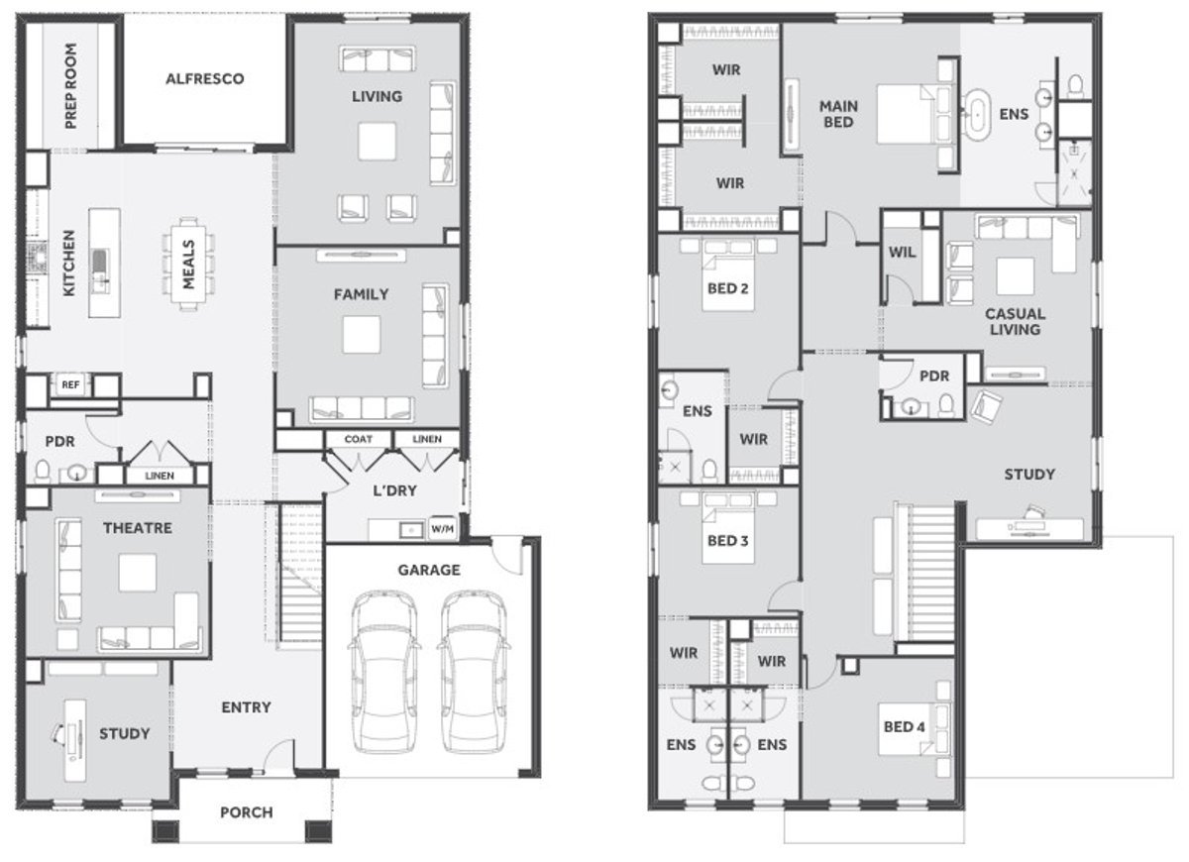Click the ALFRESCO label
click(x=205, y=79)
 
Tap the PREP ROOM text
click(x=70, y=86)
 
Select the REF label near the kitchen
click(x=70, y=384)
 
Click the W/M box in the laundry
click(x=443, y=529)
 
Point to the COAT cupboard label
click(x=359, y=439)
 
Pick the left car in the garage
click(x=384, y=672)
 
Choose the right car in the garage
click(x=474, y=672)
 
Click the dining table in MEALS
click(x=189, y=265)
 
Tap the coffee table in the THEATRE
click(x=138, y=573)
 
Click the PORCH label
click(x=247, y=812)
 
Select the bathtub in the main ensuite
click(x=977, y=114)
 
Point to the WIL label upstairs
click(x=903, y=252)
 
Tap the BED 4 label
click(x=904, y=726)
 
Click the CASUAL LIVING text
click(x=1015, y=322)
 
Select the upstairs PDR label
click(x=934, y=377)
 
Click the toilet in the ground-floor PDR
click(x=43, y=472)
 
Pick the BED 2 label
click(x=727, y=288)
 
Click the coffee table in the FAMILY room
click(x=362, y=335)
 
